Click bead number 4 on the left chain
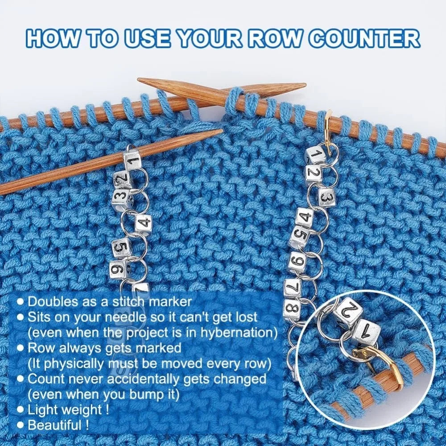coord(143,222)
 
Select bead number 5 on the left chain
coord(121,246)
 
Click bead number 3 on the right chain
coord(326,197)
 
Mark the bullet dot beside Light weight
coord(20,409)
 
